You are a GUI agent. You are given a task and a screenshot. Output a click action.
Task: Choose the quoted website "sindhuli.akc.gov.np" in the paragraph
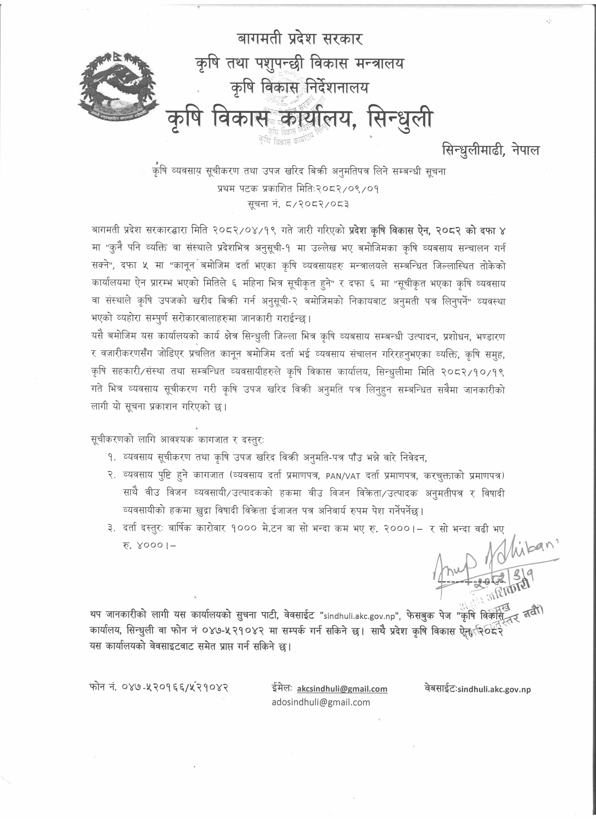[360, 615]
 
